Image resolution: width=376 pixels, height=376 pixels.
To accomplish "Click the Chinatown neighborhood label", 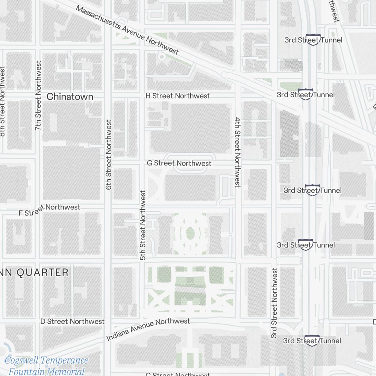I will click(x=70, y=97).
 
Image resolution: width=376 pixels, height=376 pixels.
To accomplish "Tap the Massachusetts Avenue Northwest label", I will click(x=127, y=30).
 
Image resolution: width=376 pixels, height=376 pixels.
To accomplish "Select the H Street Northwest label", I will click(x=177, y=96).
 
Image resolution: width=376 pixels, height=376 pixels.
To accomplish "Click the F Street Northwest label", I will click(x=49, y=210).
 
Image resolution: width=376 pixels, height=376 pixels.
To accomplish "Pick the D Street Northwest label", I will click(x=72, y=321).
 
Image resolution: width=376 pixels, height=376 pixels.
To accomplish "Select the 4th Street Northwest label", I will click(x=238, y=152).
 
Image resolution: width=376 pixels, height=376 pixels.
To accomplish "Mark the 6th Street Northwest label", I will click(x=109, y=155).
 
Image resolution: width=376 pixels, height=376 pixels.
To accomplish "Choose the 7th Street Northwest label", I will click(x=38, y=96).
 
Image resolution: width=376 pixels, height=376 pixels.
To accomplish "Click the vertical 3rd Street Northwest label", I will click(x=274, y=303).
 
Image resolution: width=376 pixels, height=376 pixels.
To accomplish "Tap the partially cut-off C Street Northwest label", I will click(x=177, y=374).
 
